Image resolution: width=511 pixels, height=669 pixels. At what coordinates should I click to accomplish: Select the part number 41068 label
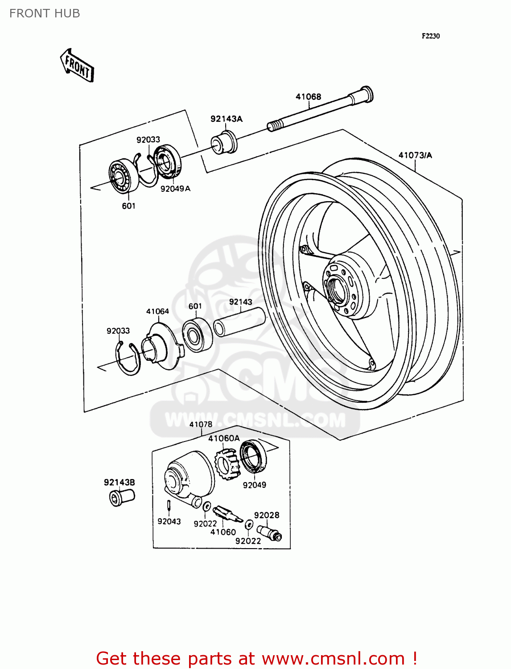click(x=308, y=97)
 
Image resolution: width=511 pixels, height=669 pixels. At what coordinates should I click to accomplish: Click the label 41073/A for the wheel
click(x=415, y=155)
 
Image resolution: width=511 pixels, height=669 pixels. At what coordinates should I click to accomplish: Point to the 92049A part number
click(x=175, y=189)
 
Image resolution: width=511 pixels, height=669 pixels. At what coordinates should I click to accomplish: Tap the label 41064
click(x=157, y=311)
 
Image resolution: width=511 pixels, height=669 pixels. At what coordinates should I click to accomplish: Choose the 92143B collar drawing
click(x=122, y=497)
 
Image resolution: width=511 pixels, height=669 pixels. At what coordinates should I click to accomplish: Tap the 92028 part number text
click(x=267, y=515)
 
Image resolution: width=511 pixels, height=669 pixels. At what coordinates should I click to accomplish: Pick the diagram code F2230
click(x=431, y=36)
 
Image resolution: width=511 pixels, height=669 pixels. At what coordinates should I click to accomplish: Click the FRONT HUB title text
click(x=45, y=13)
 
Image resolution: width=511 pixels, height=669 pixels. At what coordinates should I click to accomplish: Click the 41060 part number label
click(x=223, y=532)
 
